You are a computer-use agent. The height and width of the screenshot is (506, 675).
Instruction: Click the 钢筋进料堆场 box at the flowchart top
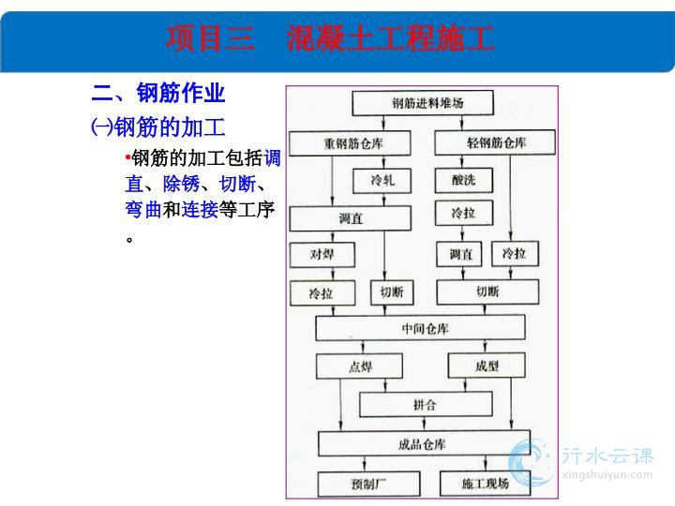click(423, 103)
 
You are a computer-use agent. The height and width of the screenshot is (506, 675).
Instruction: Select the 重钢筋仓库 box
click(350, 143)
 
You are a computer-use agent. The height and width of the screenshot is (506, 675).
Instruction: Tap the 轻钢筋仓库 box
click(495, 142)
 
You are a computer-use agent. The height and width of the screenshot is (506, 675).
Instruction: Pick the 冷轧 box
click(382, 181)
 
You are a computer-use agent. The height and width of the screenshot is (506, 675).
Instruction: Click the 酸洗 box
click(464, 180)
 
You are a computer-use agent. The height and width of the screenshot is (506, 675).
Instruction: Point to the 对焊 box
click(322, 255)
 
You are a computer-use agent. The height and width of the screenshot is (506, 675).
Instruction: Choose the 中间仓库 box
click(421, 328)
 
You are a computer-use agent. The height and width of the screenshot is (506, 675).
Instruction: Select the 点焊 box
click(359, 366)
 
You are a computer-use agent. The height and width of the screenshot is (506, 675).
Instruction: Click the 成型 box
click(487, 365)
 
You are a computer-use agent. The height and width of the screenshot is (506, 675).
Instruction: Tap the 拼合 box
click(426, 405)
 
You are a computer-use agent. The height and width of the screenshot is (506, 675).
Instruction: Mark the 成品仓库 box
click(424, 443)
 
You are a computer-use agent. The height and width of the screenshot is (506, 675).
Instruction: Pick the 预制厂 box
click(369, 484)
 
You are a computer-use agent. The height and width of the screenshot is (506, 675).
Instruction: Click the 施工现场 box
click(486, 484)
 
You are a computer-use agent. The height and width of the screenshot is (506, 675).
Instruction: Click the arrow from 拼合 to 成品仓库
click(424, 424)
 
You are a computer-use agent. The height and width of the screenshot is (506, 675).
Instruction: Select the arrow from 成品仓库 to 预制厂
click(365, 464)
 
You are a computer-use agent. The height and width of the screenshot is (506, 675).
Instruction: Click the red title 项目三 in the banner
click(210, 38)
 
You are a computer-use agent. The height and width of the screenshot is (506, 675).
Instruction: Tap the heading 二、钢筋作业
click(158, 93)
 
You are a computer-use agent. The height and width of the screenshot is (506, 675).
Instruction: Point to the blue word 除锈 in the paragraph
click(181, 185)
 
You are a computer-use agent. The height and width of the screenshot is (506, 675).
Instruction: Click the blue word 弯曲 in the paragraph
click(143, 210)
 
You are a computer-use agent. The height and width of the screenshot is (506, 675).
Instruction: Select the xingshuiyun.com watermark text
click(607, 475)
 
